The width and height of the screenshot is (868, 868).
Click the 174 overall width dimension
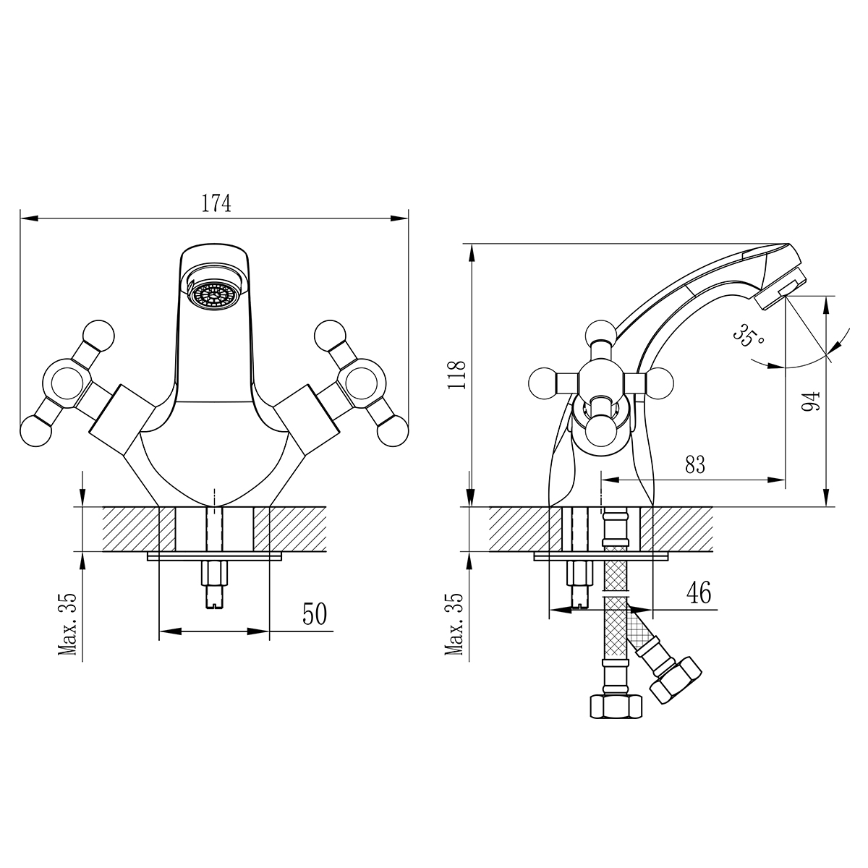[216, 203]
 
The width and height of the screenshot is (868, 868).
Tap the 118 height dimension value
[458, 375]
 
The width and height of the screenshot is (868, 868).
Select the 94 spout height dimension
[811, 401]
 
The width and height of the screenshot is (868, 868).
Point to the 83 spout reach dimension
[695, 464]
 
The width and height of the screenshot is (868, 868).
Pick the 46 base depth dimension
[699, 592]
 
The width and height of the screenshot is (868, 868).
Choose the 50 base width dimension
[315, 613]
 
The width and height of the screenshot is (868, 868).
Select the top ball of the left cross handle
[99, 335]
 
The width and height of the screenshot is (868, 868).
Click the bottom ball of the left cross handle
[36, 431]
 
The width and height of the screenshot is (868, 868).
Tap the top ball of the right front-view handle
[330, 335]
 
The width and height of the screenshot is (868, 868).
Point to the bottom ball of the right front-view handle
[393, 431]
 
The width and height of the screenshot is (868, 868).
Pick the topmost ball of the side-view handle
[601, 336]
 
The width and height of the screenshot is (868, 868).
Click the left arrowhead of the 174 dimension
[29, 218]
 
